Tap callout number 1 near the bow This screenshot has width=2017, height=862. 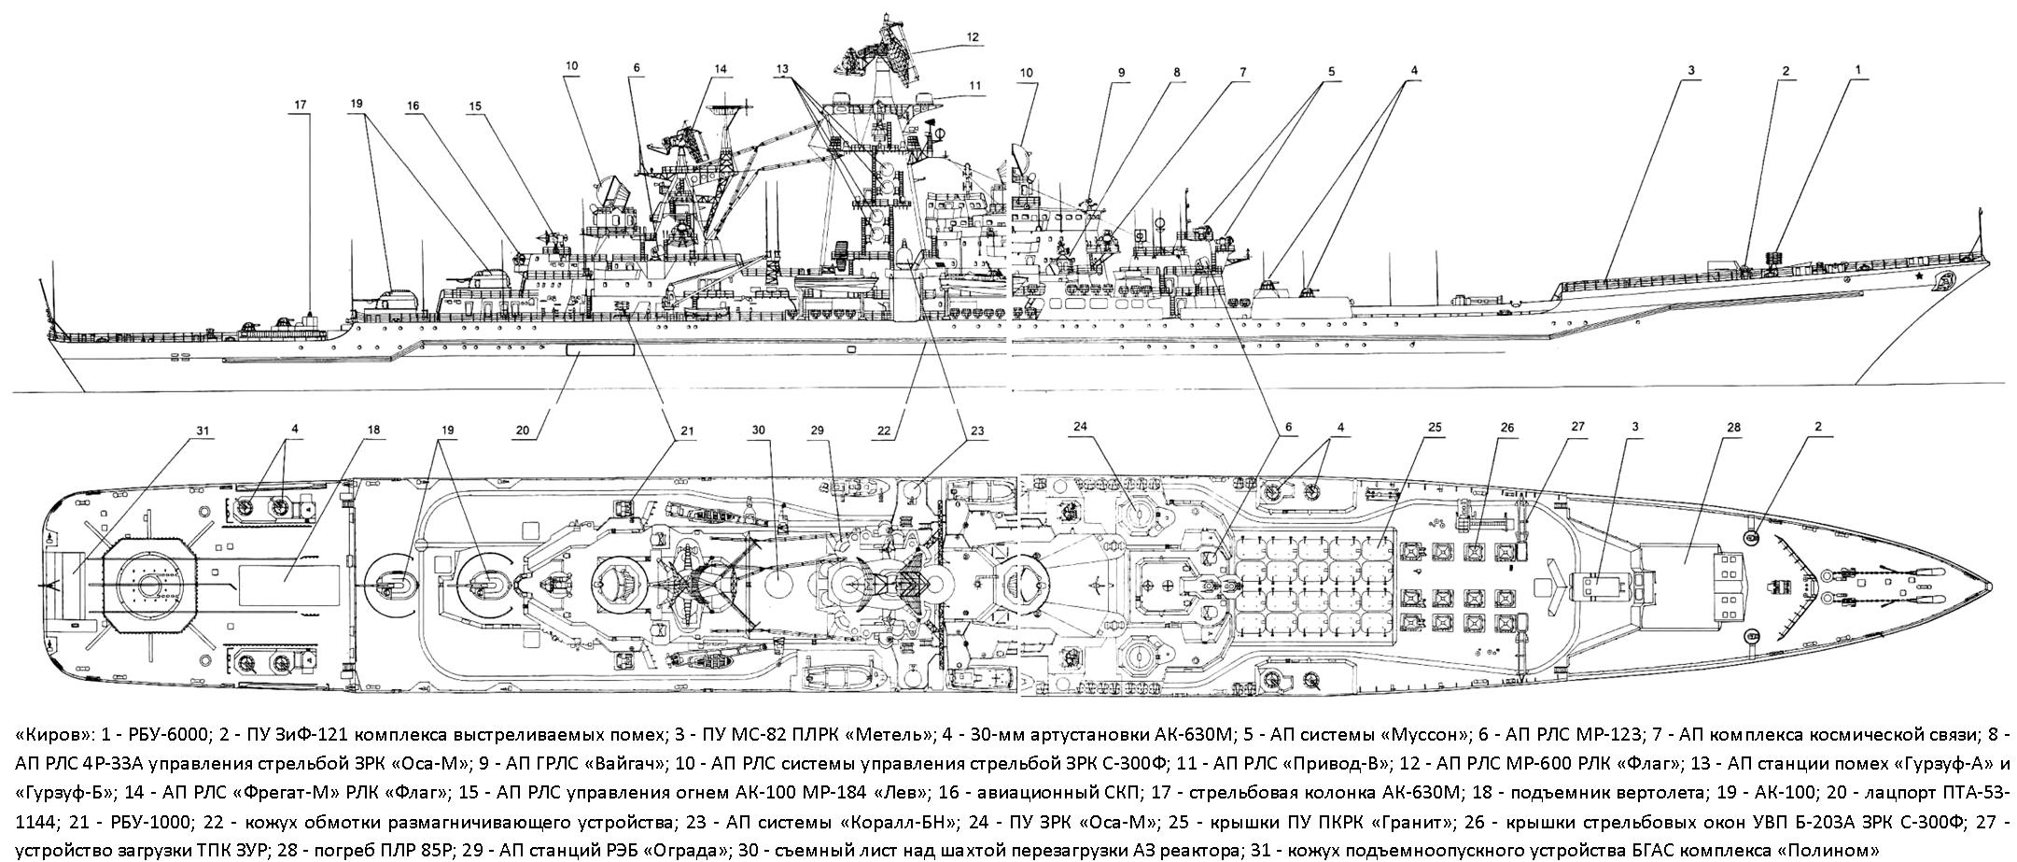pos(1832,69)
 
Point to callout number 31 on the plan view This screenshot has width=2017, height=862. pos(203,431)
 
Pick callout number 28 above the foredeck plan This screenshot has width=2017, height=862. pos(1734,427)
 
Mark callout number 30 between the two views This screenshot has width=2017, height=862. pos(758,431)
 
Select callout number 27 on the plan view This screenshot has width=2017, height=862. pos(1576,427)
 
